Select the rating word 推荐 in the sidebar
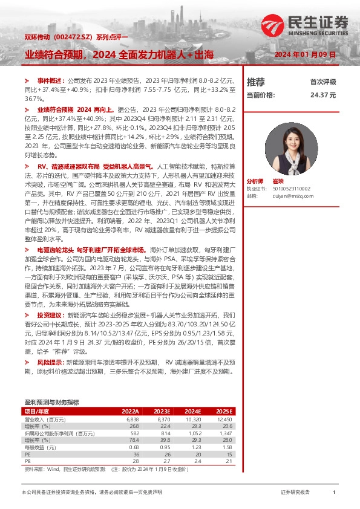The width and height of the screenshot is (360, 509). click(256, 82)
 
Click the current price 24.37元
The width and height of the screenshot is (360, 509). click(322, 96)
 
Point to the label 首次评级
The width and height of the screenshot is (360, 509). click(322, 82)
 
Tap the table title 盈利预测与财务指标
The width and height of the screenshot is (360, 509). click(51, 402)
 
